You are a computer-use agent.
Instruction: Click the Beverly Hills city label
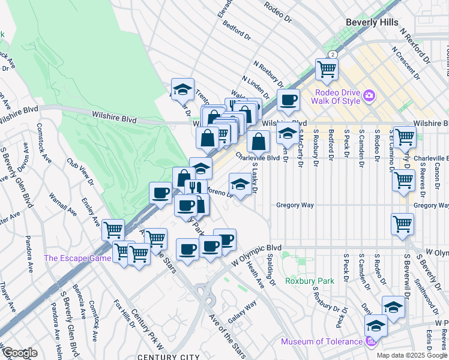pyautogui.click(x=372, y=22)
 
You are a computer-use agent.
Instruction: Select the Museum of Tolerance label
pyautogui.click(x=322, y=342)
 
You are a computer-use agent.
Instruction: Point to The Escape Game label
pyautogui.click(x=77, y=259)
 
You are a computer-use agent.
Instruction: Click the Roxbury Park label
pyautogui.click(x=309, y=280)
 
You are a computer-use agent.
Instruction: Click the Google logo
pyautogui.click(x=20, y=353)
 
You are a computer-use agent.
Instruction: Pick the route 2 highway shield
pyautogui.click(x=333, y=54)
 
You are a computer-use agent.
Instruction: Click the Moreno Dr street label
pyautogui.click(x=219, y=192)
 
